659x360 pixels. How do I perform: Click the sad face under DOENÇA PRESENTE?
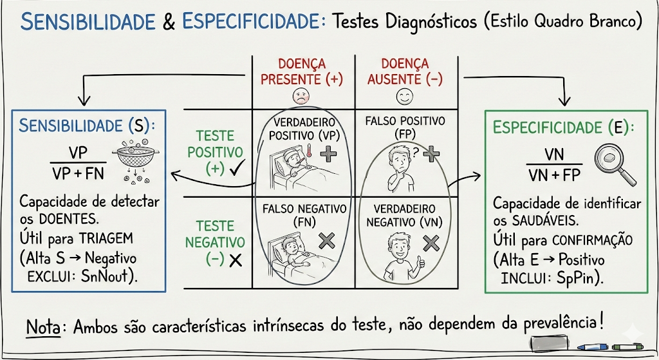pos(301,97)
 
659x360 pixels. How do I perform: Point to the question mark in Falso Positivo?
pos(416,152)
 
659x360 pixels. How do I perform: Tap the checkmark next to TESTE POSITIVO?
pos(235,169)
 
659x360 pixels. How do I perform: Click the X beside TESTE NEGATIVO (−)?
pos(235,260)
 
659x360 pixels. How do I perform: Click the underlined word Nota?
pos(43,326)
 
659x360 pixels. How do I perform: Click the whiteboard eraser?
pos(551,343)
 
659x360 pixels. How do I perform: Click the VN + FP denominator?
pos(554,175)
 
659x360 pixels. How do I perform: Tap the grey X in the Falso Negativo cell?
pos(326,240)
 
